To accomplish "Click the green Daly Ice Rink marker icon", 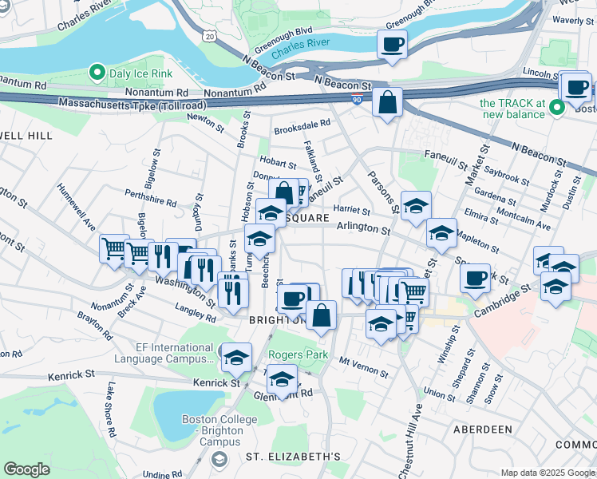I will (98, 73).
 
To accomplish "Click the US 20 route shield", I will (209, 36).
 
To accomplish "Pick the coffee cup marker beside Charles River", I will (392, 45).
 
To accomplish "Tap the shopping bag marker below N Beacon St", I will (387, 103).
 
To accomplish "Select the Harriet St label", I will (351, 212).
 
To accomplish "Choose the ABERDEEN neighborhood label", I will (483, 430).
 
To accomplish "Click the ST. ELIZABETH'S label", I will (293, 457).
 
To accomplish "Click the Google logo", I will (26, 469).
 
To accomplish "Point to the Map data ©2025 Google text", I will (548, 473).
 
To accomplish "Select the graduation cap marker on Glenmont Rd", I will (282, 380).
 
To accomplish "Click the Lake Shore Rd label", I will (111, 410).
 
